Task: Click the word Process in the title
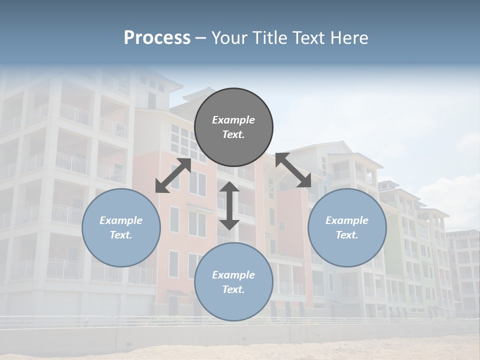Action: (x=157, y=38)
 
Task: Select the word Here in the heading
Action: (x=348, y=38)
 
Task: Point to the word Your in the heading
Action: (x=227, y=38)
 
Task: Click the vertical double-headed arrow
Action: (x=229, y=205)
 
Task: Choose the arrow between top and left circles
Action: (x=173, y=175)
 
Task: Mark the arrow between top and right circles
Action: (x=293, y=170)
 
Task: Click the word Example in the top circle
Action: (x=233, y=120)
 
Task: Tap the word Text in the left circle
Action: (x=120, y=235)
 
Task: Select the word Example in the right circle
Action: (x=347, y=220)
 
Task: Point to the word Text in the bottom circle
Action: (x=233, y=289)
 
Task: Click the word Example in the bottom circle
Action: (x=233, y=275)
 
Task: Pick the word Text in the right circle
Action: (x=346, y=235)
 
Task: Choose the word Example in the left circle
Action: (x=121, y=220)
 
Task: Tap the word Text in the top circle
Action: (x=233, y=134)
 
